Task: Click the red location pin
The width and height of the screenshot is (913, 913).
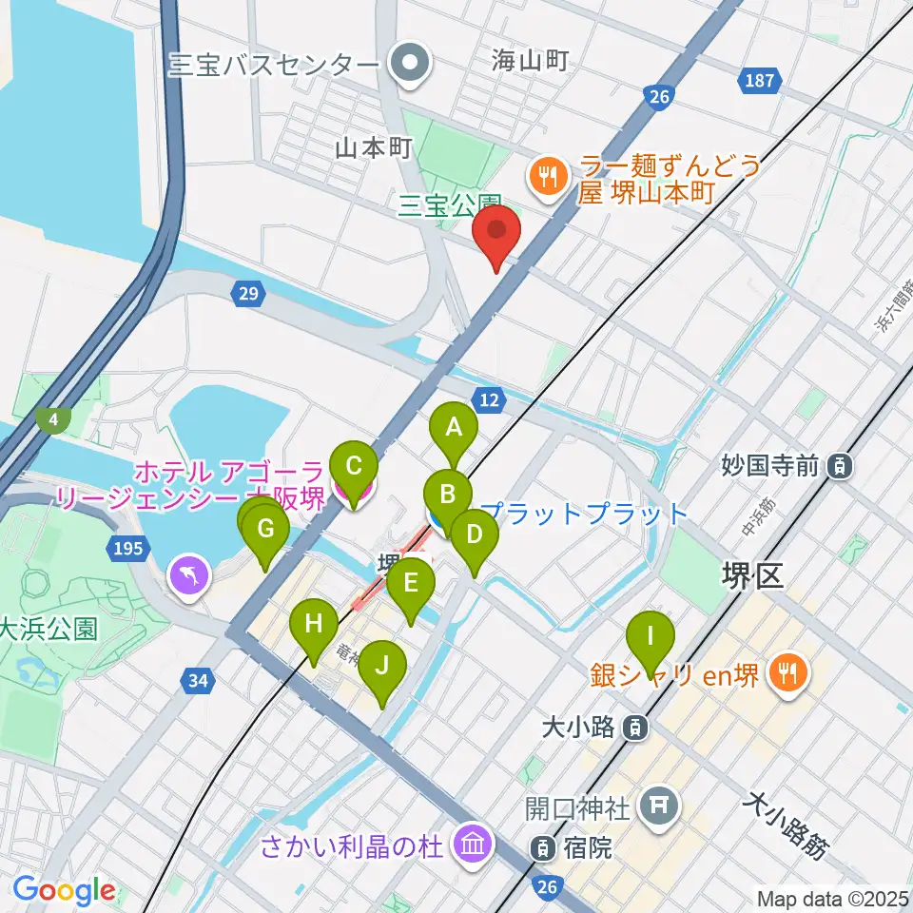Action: click(497, 233)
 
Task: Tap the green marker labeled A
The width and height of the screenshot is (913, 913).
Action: click(454, 429)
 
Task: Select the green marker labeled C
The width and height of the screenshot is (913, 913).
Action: click(353, 467)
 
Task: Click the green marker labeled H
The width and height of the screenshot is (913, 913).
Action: click(313, 625)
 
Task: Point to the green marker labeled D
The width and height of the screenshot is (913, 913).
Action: click(474, 535)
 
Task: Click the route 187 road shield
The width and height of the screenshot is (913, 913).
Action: click(760, 82)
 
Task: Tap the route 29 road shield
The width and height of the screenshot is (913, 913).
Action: click(247, 296)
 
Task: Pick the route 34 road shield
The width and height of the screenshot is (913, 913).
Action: click(198, 680)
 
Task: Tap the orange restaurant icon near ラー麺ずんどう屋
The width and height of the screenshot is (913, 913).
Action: click(549, 174)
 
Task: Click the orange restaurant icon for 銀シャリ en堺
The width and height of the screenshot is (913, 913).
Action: click(787, 674)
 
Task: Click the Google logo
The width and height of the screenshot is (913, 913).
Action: click(65, 891)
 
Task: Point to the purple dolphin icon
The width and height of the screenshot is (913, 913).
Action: click(187, 573)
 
